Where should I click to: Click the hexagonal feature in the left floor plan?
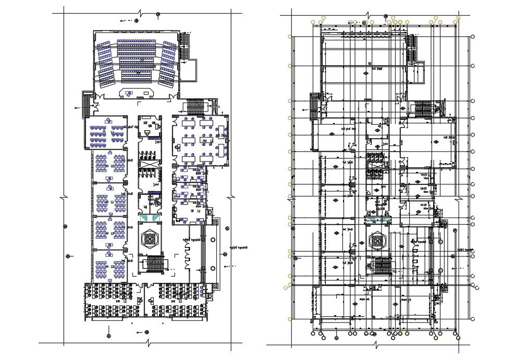point(150,238)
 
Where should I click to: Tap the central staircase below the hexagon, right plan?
point(381,266)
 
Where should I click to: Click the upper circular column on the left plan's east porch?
point(213,240)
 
